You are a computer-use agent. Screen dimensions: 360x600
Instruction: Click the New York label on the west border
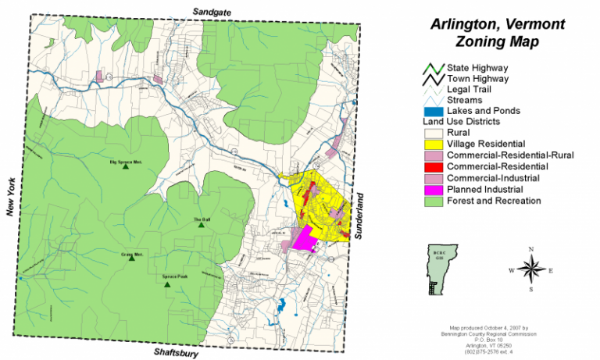tap(10, 195)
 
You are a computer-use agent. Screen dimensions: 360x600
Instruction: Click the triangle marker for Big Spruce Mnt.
tap(127, 169)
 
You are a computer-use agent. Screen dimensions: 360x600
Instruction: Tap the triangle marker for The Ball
tap(202, 227)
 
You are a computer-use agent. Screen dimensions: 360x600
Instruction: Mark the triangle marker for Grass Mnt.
tap(131, 258)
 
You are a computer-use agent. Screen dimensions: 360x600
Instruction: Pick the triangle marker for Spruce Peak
tap(166, 285)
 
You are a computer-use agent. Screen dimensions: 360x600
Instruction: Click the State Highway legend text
tap(477, 67)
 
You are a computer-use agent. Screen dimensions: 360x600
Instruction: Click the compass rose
tap(531, 269)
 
